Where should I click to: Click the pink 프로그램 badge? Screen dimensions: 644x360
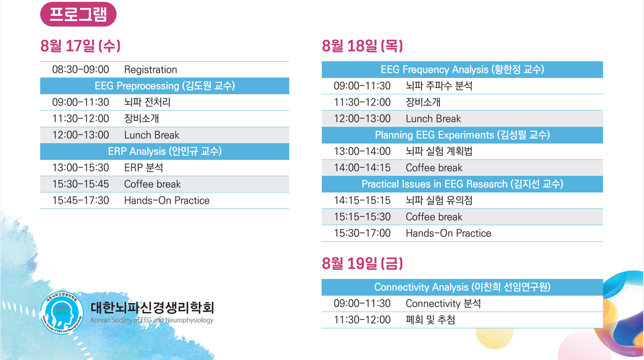78,15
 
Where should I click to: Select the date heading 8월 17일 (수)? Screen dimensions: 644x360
80,46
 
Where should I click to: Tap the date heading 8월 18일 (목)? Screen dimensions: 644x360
362,46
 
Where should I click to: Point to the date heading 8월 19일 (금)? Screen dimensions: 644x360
362,263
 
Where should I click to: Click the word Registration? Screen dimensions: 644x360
150,70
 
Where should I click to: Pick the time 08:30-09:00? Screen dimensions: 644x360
81,70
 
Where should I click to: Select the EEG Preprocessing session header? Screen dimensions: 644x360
165,86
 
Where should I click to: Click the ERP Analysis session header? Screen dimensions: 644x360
165,151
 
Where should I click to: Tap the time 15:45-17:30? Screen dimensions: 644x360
81,200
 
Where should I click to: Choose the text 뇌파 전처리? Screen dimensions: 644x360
147,102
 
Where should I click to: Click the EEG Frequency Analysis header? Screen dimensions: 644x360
462,70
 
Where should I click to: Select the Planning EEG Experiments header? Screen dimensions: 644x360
462,135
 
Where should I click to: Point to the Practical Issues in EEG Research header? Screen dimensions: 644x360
462,184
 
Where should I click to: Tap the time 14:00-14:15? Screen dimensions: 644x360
362,167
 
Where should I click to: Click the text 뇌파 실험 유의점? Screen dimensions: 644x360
439,200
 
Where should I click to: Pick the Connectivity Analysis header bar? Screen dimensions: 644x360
462,287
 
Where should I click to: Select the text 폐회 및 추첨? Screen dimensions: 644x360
430,320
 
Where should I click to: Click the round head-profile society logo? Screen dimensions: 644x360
62,313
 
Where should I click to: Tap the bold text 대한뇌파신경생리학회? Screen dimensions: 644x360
152,308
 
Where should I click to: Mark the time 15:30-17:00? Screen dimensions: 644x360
362,233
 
